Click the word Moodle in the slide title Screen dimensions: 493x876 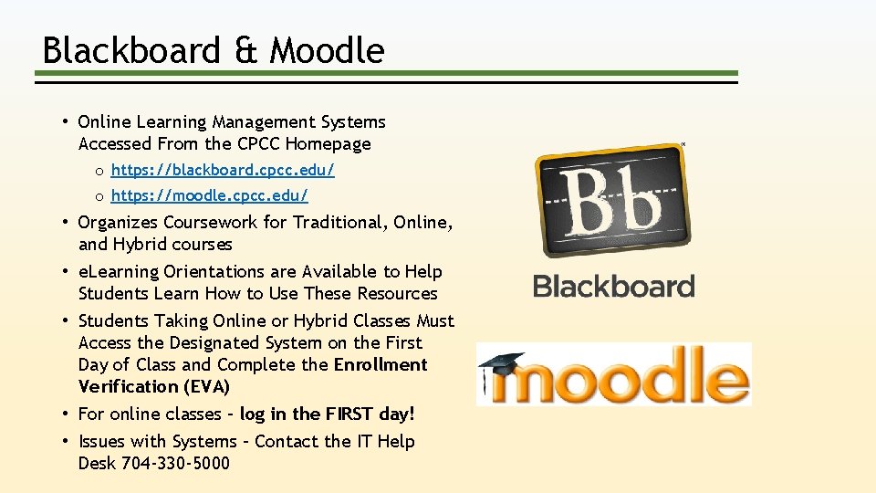coord(328,51)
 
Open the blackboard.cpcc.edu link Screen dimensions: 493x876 coord(223,170)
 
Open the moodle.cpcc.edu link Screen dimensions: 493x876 coord(210,195)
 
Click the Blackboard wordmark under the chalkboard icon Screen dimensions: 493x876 coord(613,287)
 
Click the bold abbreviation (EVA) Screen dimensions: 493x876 coord(205,386)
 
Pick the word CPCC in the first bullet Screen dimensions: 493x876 coord(259,143)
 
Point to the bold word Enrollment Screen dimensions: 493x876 coord(381,364)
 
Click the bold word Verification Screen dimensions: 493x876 coord(129,386)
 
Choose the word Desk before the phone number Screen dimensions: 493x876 coord(97,463)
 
